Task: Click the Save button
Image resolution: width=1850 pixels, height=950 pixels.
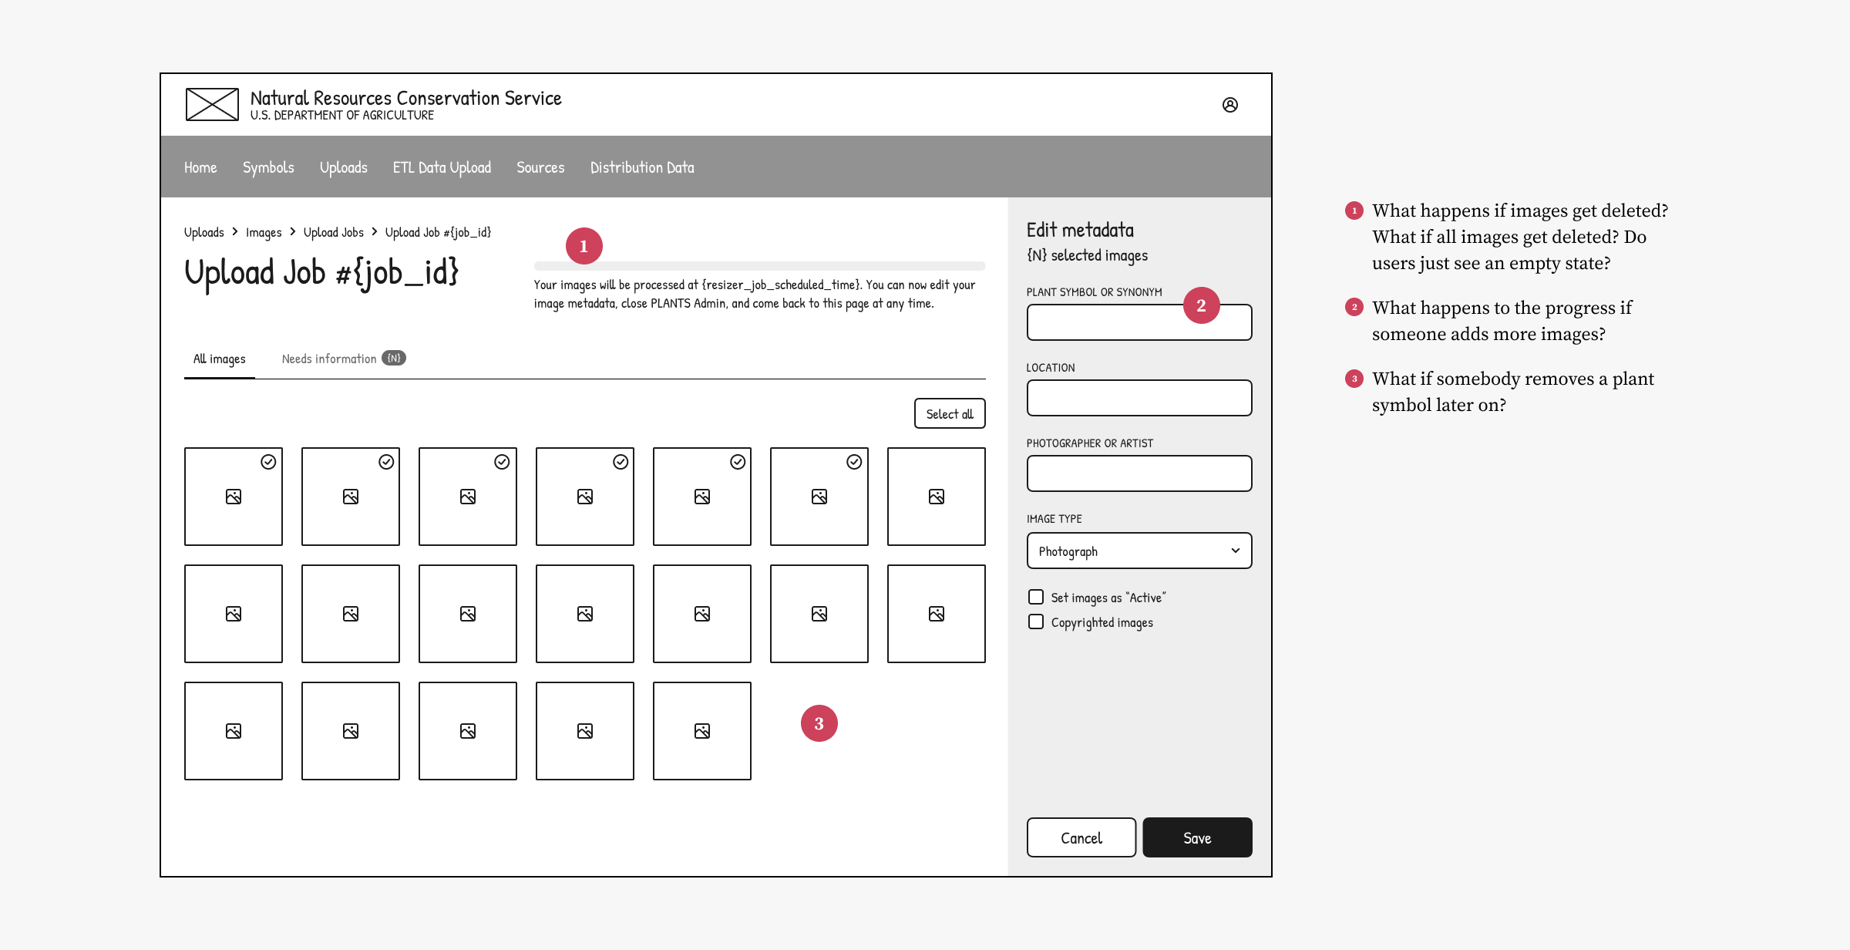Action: point(1197,837)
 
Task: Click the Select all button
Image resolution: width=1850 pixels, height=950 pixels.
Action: point(950,413)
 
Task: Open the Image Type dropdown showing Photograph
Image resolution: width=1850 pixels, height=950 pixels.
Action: point(1139,551)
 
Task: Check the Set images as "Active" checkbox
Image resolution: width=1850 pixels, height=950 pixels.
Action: point(1036,597)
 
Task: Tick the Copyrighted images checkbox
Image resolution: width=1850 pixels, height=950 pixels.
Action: point(1036,622)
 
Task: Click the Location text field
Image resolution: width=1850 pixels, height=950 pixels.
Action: point(1139,398)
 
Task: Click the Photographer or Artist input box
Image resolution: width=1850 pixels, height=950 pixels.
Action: point(1139,473)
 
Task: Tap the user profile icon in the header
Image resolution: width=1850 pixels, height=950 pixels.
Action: point(1230,105)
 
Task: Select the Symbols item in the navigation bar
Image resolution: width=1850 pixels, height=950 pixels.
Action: point(268,167)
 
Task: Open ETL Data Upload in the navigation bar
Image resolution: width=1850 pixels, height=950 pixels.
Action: point(442,167)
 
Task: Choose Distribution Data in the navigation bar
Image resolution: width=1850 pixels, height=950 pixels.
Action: point(642,167)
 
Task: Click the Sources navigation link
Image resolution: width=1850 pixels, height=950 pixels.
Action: point(540,167)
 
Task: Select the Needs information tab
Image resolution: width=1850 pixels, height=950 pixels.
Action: point(343,359)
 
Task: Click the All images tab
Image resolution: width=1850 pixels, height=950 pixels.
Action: point(220,359)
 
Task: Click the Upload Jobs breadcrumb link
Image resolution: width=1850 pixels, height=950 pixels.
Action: point(333,232)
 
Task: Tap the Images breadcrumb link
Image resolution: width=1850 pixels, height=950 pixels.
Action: point(264,232)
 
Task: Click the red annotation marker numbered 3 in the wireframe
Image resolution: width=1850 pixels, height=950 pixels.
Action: point(819,723)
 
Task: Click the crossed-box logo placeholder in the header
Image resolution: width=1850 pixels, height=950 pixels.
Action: point(212,105)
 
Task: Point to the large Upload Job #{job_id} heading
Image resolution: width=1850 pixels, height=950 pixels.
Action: point(321,274)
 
